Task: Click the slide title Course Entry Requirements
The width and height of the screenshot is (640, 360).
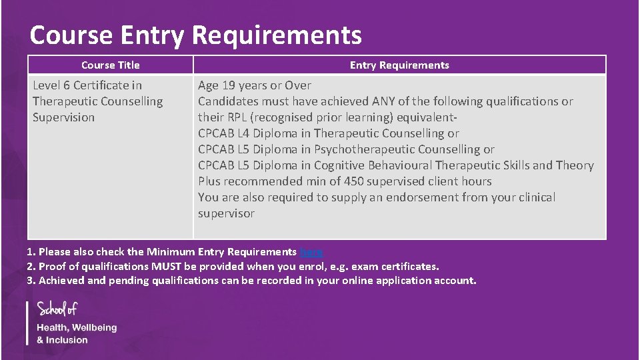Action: [x=195, y=35]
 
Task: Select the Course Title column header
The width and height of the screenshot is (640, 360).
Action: [x=111, y=65]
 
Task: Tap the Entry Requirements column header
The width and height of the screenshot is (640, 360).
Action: [x=399, y=65]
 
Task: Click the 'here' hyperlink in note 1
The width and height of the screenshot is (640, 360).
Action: [x=311, y=252]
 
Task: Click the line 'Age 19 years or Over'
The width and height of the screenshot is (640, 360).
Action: [x=255, y=85]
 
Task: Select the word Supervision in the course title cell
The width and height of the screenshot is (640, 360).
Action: [x=64, y=117]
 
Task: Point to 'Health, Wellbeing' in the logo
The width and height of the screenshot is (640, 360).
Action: [x=77, y=328]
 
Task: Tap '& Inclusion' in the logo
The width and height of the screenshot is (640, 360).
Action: [x=62, y=340]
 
